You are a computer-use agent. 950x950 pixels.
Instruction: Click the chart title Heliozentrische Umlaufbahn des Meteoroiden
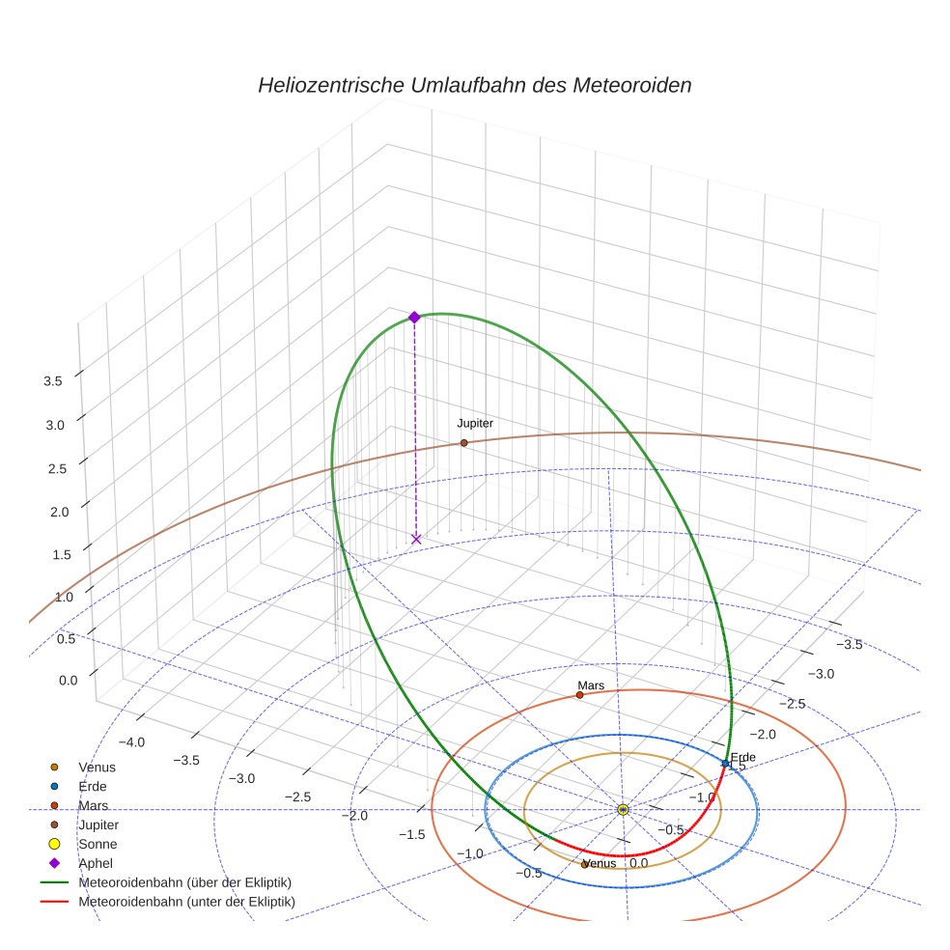474,85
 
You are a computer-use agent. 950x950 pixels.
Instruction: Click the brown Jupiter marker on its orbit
463,442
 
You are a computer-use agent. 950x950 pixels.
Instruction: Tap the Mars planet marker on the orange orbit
579,694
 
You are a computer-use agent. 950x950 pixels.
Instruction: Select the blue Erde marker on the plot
725,764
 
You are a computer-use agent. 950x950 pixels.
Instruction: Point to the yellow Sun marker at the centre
623,809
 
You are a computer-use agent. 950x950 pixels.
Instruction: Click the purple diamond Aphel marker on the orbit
414,318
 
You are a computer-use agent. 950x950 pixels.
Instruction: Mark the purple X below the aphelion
416,539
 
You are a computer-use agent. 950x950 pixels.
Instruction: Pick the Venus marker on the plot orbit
585,864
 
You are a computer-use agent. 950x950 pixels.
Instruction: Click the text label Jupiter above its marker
475,423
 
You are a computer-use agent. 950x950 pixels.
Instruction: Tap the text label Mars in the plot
591,685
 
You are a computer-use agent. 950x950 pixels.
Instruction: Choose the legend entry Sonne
98,844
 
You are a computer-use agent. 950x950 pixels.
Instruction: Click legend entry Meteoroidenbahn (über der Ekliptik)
184,882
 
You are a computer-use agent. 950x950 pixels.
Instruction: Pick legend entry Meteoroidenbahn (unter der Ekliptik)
186,902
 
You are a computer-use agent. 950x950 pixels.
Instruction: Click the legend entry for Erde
93,786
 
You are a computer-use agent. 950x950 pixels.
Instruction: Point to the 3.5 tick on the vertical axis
53,381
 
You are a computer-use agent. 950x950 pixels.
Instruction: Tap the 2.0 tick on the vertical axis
59,512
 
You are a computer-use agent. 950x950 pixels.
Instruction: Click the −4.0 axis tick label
131,741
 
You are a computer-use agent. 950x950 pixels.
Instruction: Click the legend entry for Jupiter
98,824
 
